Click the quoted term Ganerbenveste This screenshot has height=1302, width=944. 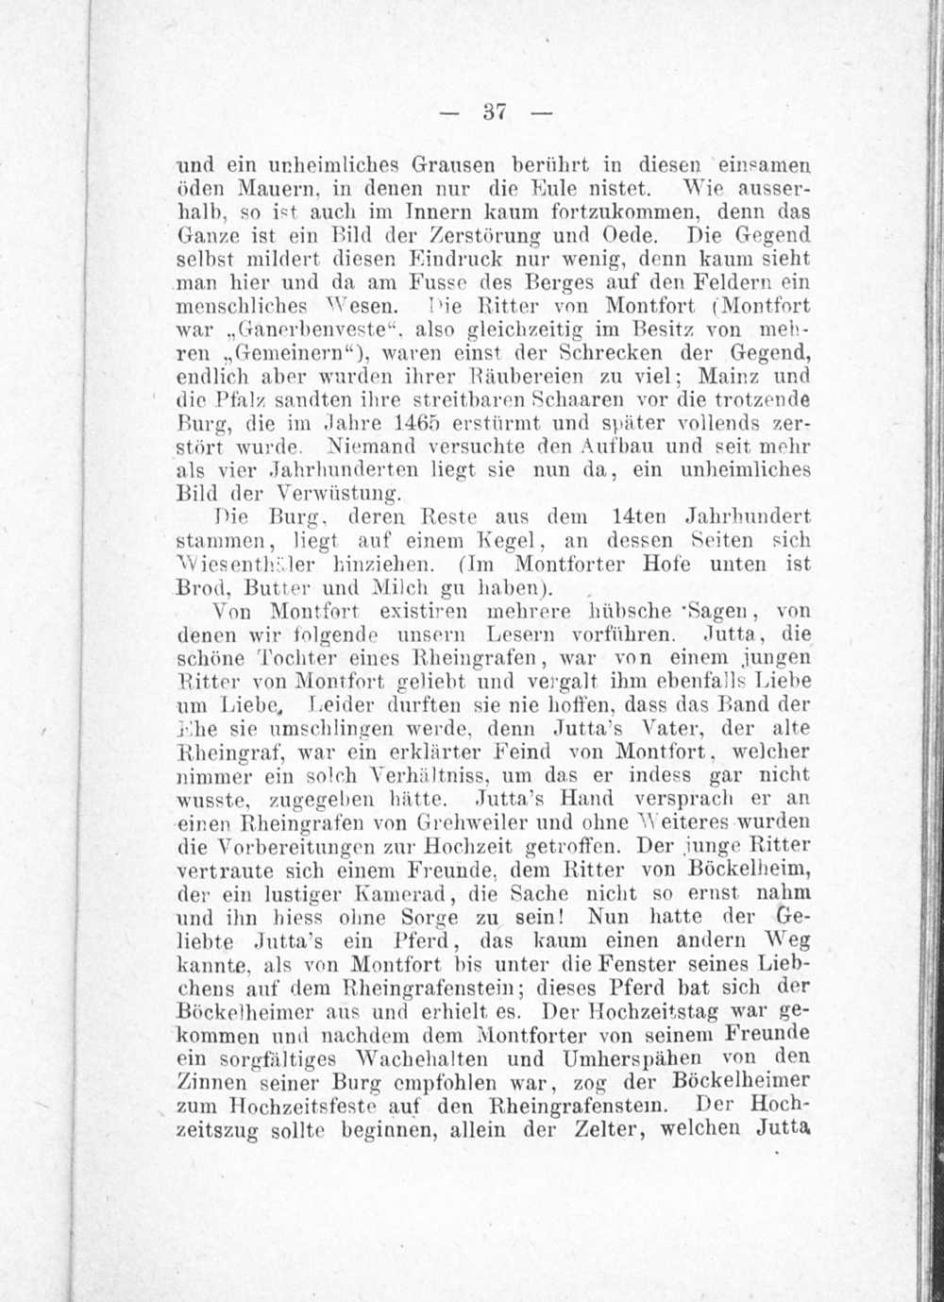point(295,331)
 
